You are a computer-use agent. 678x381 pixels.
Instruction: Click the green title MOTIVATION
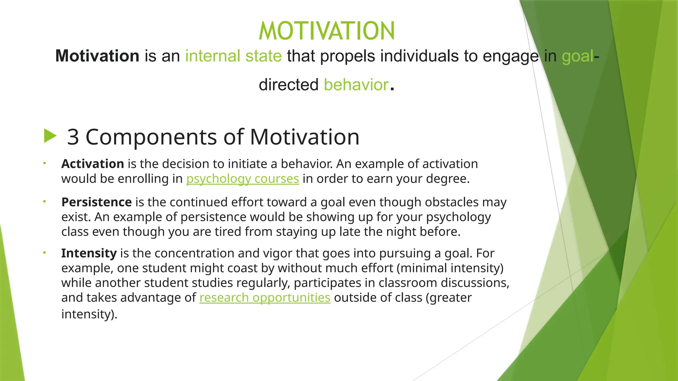click(x=327, y=31)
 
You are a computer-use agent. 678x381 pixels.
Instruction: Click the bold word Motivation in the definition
click(x=97, y=56)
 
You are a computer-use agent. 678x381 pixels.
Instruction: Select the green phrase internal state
click(x=233, y=56)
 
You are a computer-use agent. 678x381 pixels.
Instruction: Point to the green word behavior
click(x=356, y=85)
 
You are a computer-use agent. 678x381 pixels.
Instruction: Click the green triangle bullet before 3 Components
click(x=50, y=136)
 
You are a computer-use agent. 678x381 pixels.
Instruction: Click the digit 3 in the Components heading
click(x=73, y=137)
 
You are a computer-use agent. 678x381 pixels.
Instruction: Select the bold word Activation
click(x=92, y=164)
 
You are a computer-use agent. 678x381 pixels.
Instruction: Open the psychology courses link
click(x=243, y=179)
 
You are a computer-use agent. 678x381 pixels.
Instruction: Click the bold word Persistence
click(x=96, y=202)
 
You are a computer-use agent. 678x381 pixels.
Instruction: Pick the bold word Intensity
click(x=89, y=253)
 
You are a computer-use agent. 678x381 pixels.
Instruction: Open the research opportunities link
click(x=265, y=297)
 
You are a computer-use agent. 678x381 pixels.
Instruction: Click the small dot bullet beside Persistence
click(x=44, y=201)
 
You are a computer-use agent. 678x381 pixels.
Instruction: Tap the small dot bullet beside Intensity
click(x=44, y=253)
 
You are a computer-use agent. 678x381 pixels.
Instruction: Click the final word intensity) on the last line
click(x=89, y=314)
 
